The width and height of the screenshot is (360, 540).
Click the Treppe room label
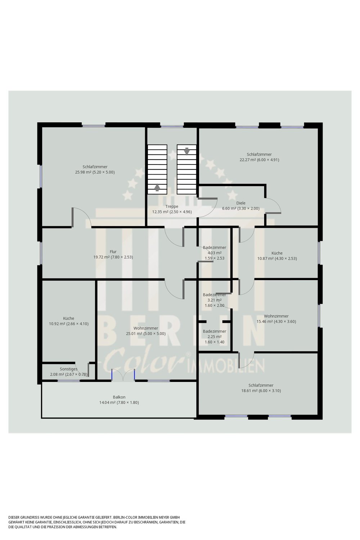(x=172, y=206)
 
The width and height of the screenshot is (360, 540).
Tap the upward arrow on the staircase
(x=157, y=187)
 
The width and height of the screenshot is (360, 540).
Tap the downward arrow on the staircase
(x=187, y=151)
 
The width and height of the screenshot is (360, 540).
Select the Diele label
(x=240, y=203)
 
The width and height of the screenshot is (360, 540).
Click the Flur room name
(x=113, y=252)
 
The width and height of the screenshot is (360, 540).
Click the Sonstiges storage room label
(x=69, y=369)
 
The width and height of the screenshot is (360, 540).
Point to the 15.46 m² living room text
(x=265, y=321)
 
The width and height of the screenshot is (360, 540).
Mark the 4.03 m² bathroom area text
(x=214, y=253)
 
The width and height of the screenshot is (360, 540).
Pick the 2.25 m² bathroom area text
(x=214, y=337)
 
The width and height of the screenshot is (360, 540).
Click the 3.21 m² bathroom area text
(x=214, y=300)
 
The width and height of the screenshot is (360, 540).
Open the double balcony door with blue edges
(x=123, y=375)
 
